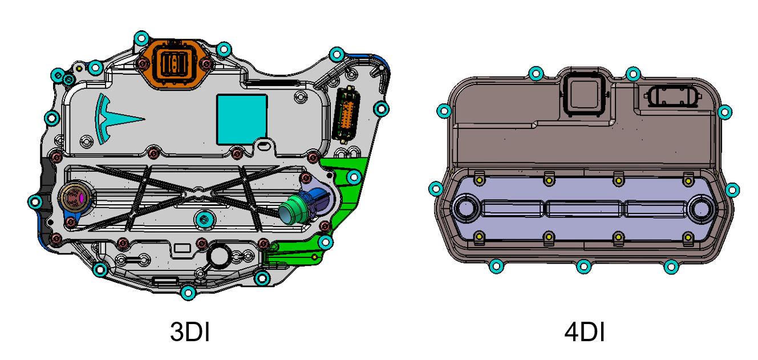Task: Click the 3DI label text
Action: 190,332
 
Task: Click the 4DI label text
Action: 585,332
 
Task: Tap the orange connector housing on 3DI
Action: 175,63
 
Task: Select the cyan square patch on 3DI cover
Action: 242,119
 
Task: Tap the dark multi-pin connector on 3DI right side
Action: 344,115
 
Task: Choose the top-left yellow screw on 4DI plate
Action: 480,180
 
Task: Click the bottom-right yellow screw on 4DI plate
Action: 687,236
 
